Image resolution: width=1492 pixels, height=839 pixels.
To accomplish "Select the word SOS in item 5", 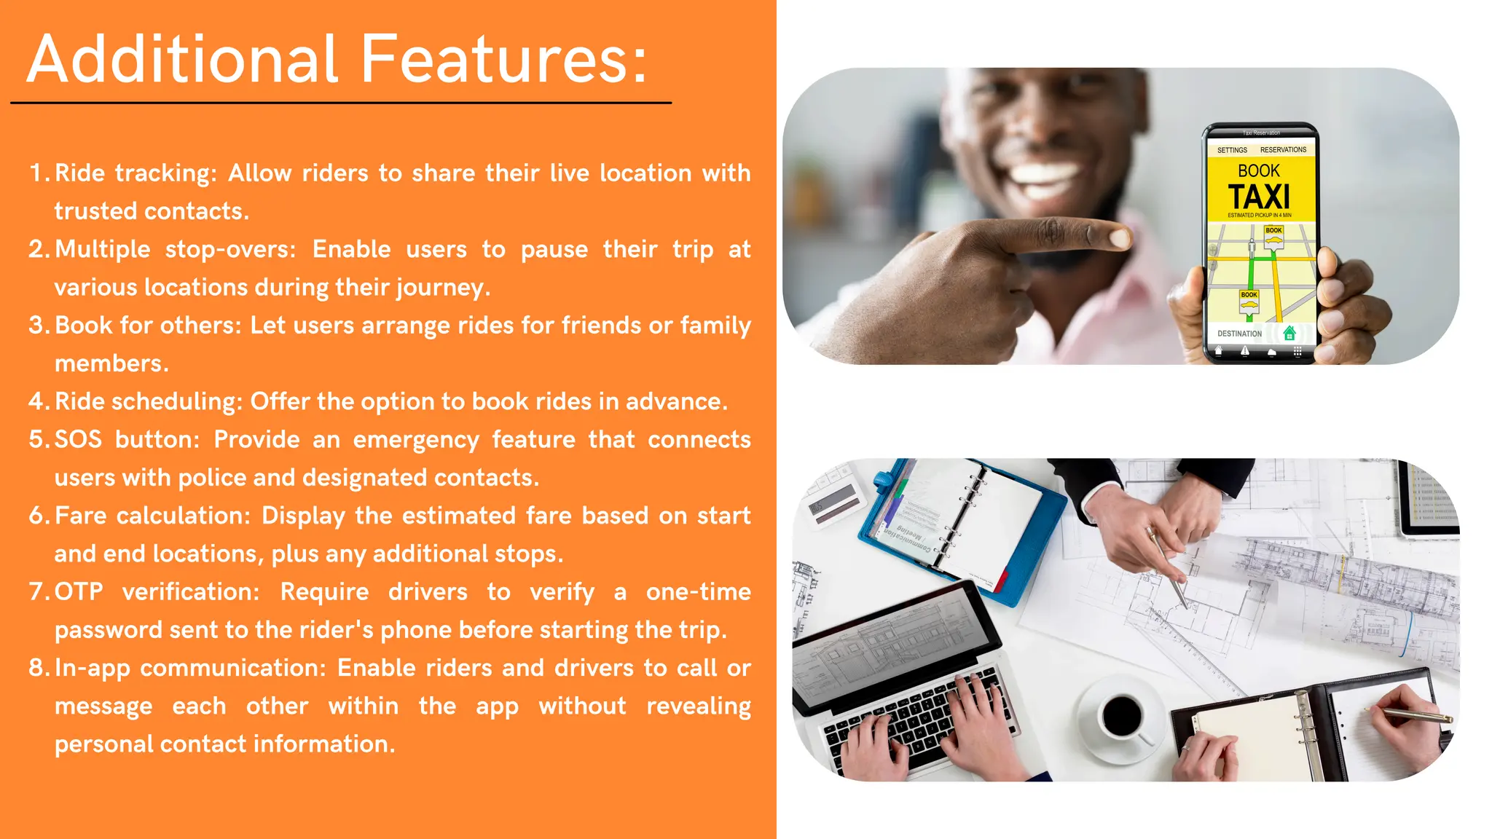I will pyautogui.click(x=78, y=440).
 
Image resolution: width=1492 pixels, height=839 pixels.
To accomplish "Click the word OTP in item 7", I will pyautogui.click(x=79, y=592).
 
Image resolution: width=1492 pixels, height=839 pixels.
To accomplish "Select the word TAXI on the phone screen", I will pyautogui.click(x=1259, y=197).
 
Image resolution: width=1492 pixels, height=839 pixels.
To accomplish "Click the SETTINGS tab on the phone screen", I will pyautogui.click(x=1232, y=150).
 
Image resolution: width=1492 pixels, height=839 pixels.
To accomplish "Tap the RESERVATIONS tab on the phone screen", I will pyautogui.click(x=1283, y=150).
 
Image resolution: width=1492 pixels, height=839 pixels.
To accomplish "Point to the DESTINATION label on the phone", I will pyautogui.click(x=1239, y=334).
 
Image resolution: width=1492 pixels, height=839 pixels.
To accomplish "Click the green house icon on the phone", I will pyautogui.click(x=1289, y=333).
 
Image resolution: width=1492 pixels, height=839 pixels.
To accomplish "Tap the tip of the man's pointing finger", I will pyautogui.click(x=1119, y=237).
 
